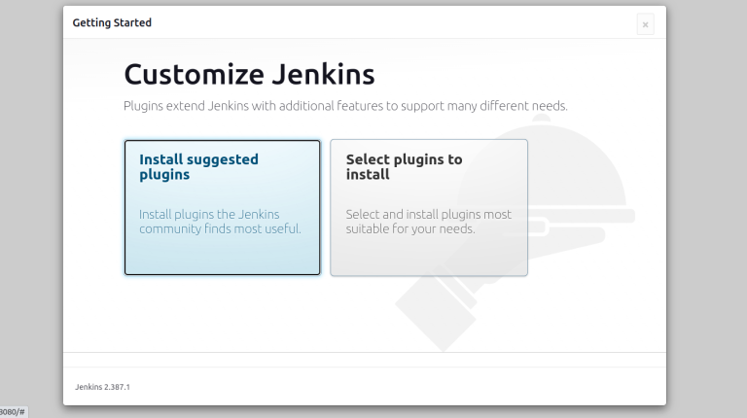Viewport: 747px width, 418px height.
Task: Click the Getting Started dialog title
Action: [x=112, y=22]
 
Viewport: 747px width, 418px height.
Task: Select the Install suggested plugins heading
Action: [x=198, y=166]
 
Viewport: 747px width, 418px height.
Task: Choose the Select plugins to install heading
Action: [x=404, y=166]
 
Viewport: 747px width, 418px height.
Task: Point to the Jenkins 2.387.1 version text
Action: [x=102, y=387]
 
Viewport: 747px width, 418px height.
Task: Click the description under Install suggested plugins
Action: [x=220, y=222]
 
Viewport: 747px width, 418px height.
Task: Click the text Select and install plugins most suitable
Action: [x=428, y=222]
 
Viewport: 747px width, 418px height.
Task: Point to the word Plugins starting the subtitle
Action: [x=144, y=105]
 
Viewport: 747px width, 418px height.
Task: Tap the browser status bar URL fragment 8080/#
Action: [x=13, y=412]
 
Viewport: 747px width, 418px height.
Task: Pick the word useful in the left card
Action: [x=282, y=229]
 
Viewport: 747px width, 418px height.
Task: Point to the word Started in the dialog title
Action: [x=132, y=22]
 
